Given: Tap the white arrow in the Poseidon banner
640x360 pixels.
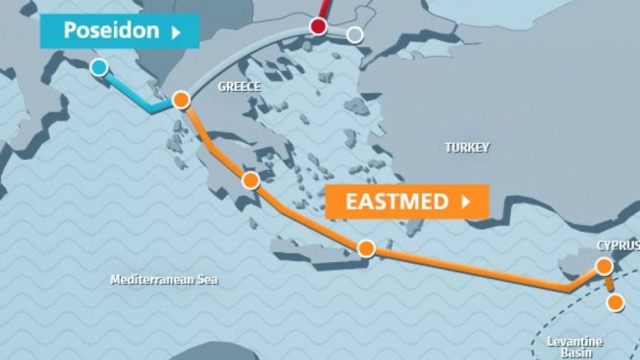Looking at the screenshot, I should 175,32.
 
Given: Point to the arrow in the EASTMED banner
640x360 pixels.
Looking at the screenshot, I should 465,202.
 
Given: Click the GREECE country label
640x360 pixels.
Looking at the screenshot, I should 239,86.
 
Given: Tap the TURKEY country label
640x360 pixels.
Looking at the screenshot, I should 466,147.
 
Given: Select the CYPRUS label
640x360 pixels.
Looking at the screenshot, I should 618,245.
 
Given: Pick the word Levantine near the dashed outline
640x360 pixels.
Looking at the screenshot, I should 575,341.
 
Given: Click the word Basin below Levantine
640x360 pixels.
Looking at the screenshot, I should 575,353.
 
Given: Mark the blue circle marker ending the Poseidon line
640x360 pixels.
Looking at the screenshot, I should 99,67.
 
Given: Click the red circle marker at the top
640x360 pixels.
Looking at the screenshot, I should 318,26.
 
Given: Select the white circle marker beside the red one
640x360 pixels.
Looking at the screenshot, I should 355,35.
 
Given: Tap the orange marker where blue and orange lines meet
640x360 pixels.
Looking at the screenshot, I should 181,100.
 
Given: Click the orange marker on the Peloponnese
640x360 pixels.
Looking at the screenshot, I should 251,180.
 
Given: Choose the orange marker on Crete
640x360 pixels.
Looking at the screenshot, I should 366,248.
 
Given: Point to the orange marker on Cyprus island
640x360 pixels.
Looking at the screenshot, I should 604,266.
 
